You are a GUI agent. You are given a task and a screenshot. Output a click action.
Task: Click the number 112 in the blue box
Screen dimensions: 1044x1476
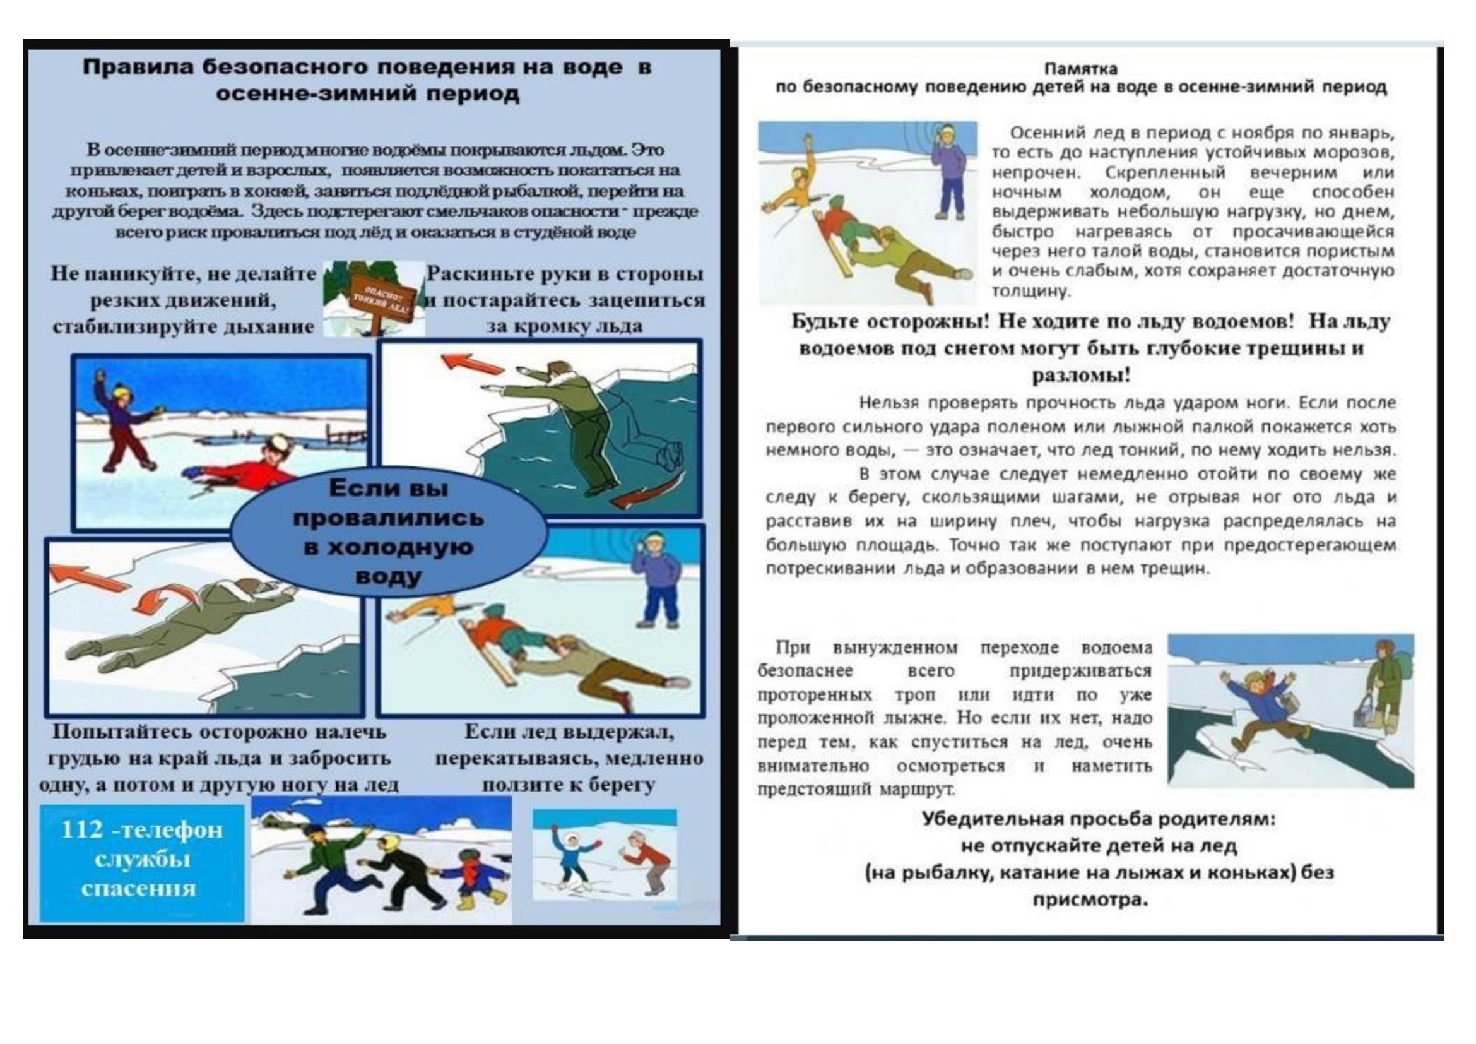tap(81, 830)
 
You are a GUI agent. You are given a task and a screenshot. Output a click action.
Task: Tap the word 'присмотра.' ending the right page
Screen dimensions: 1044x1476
tap(1090, 899)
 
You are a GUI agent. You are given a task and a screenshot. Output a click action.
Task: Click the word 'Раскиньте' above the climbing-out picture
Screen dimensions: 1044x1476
tap(473, 274)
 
